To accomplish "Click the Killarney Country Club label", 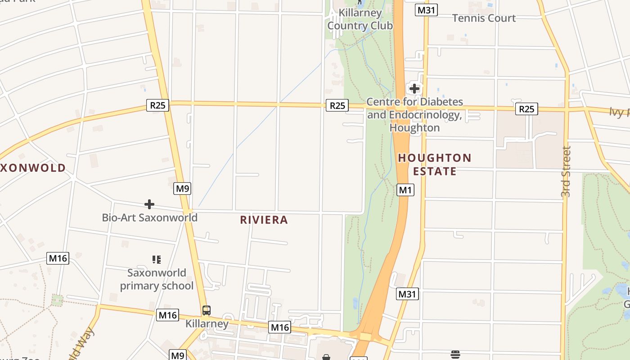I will tap(360, 19).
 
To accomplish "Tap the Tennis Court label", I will tap(484, 18).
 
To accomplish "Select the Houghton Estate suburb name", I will tap(435, 165).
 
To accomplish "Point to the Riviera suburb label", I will tap(264, 220).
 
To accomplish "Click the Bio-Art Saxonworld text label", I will tap(149, 218).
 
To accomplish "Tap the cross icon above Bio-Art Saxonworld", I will tap(149, 204).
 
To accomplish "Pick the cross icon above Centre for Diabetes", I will tap(414, 88).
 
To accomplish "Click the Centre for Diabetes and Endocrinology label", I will tap(414, 115).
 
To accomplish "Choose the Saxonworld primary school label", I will tap(157, 279).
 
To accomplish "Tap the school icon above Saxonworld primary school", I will tap(157, 259).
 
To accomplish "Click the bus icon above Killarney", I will tap(207, 310).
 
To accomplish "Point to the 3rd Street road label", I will tap(566, 171).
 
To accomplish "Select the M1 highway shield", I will tap(405, 190).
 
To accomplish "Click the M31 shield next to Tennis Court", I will tap(426, 10).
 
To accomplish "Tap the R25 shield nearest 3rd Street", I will tap(526, 109).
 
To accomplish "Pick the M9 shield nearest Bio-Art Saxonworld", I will tap(182, 189).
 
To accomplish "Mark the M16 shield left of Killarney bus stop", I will tap(167, 315).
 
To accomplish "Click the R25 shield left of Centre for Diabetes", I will tap(337, 105).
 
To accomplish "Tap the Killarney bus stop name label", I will tap(207, 324).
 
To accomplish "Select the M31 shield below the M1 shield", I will tap(408, 294).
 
